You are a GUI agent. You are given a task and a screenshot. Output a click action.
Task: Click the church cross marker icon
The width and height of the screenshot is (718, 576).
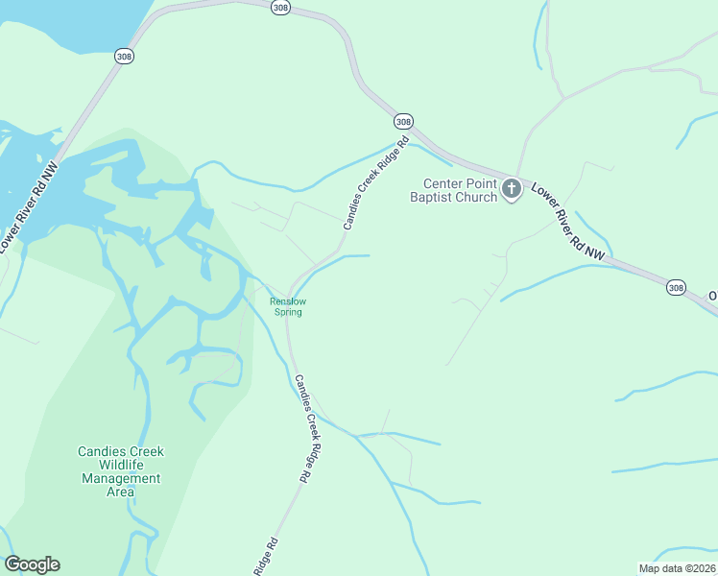coord(512,189)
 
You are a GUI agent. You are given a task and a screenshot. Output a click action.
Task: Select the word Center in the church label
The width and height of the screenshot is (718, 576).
coord(445,183)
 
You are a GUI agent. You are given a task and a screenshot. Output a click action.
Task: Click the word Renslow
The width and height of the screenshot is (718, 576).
coord(288,301)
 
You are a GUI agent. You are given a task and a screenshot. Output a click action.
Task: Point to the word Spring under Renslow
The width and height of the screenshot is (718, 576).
coord(288,312)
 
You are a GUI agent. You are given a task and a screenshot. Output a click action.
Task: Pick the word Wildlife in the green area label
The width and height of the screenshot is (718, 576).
coord(120,465)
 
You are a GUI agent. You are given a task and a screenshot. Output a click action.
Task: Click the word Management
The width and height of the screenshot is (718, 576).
coord(121,478)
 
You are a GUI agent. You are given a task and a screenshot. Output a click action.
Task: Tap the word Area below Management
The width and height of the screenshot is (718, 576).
coord(120,492)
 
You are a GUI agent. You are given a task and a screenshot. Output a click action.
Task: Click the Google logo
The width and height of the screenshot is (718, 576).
coord(32,564)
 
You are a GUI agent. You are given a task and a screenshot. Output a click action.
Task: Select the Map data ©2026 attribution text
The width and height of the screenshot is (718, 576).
coord(677,567)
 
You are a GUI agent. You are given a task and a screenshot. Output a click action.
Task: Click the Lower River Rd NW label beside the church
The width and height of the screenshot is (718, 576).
coord(568,222)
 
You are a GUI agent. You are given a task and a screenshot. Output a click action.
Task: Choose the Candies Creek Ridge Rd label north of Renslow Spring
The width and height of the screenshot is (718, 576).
coord(376,182)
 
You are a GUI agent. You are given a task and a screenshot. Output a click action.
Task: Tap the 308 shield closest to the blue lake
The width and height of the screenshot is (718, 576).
coord(126,56)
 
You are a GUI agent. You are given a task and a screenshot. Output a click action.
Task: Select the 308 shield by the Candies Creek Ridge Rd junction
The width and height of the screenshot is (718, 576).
coord(403,121)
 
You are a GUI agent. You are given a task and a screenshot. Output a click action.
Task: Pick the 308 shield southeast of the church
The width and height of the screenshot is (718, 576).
coord(676,287)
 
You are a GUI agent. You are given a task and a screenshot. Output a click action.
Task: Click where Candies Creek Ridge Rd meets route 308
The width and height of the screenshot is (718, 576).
coord(414,133)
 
